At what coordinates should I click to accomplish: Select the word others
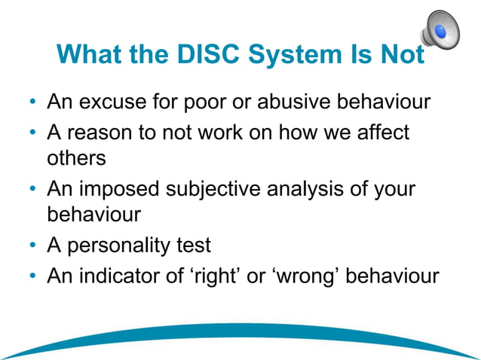[76, 159]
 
